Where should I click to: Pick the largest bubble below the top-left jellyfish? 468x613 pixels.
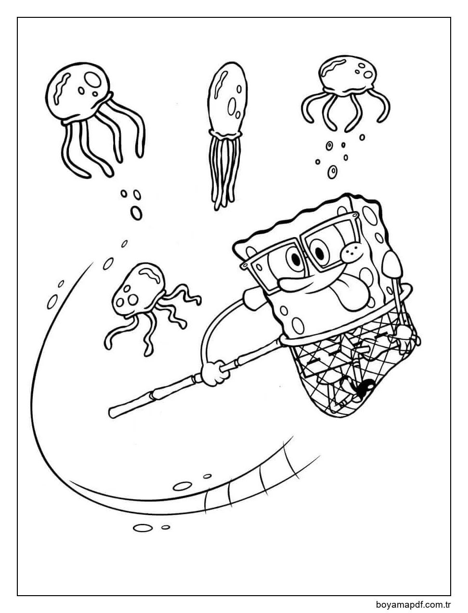coord(136,213)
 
